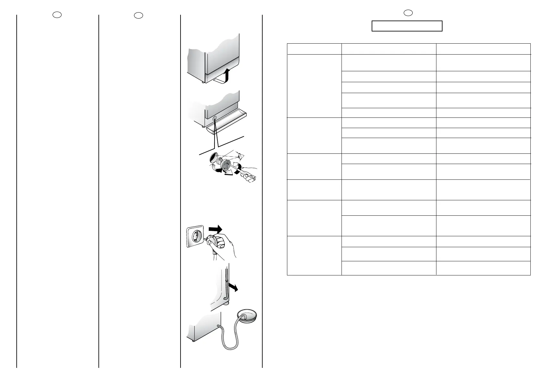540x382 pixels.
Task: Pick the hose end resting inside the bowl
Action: click(x=245, y=317)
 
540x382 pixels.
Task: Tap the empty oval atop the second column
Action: click(x=138, y=15)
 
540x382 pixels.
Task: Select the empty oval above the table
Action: click(x=407, y=13)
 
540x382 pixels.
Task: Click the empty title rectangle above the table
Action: click(x=407, y=26)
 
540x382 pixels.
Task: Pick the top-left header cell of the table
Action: click(x=314, y=49)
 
